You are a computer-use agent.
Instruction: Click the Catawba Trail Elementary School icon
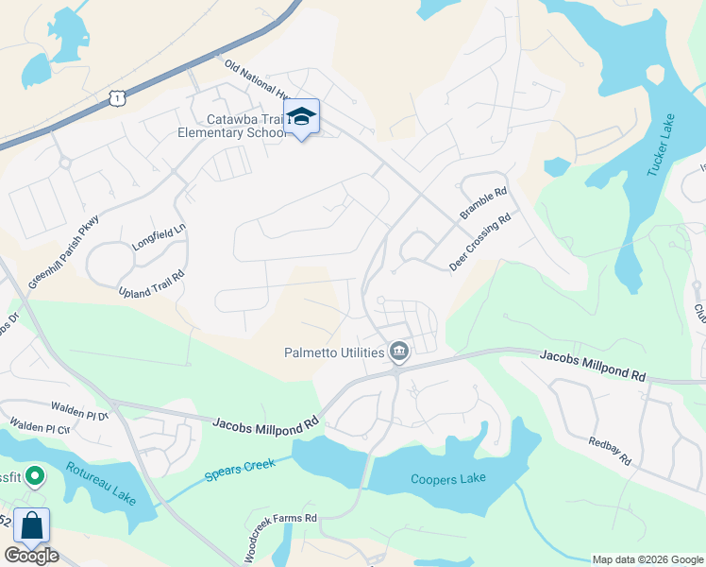pos(302,116)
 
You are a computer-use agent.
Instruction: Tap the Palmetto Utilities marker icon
pos(399,352)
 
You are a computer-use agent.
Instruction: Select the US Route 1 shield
pos(115,96)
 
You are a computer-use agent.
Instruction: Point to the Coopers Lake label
pos(448,478)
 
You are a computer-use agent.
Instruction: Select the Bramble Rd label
pos(483,201)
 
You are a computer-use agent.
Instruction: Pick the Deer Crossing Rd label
pos(479,242)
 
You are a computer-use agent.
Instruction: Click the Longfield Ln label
pos(160,234)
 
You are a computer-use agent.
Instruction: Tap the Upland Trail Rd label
pos(151,280)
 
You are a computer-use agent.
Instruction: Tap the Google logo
pos(31,556)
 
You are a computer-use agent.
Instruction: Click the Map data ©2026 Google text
pos(647,559)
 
